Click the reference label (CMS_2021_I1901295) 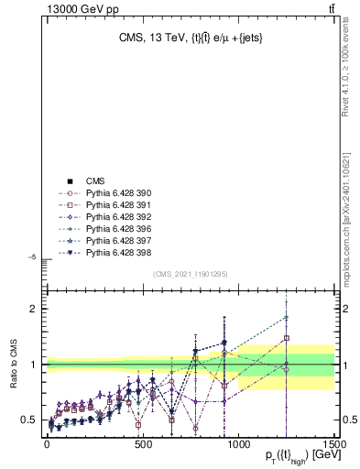[x=191, y=274]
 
